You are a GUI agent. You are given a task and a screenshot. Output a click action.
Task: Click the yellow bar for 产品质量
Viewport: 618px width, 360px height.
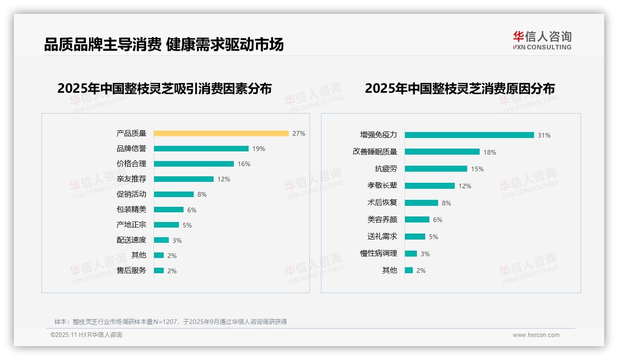click(221, 133)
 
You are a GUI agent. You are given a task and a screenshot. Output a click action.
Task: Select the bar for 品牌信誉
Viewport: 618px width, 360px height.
click(201, 149)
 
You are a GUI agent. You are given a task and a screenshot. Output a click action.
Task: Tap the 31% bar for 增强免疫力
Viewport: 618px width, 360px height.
click(469, 135)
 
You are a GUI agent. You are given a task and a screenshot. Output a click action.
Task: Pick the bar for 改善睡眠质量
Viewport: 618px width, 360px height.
click(442, 152)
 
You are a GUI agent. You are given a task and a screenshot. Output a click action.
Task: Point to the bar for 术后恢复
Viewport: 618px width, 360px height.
click(421, 203)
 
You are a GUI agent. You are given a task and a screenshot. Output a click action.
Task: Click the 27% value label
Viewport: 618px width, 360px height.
click(298, 133)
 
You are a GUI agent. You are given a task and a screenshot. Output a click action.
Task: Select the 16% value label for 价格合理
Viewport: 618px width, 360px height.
click(244, 164)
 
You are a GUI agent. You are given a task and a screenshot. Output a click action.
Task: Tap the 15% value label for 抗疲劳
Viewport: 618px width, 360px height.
click(477, 169)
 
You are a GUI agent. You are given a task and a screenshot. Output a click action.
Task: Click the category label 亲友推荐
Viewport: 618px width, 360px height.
click(131, 179)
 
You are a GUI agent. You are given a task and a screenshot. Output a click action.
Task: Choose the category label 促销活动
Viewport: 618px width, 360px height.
click(131, 194)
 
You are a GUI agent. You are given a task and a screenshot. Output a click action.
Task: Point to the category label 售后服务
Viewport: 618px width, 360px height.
click(131, 270)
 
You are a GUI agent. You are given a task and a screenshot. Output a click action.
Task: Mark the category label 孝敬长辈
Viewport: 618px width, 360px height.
click(382, 186)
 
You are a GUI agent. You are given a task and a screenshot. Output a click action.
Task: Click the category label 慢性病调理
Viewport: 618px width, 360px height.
click(378, 253)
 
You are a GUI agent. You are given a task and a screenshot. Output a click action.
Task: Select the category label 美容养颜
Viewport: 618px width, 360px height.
click(382, 220)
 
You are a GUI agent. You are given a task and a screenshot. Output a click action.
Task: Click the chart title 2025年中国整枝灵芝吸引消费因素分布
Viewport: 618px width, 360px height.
click(164, 88)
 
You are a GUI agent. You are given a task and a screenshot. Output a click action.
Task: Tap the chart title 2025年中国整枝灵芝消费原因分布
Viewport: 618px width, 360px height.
click(459, 88)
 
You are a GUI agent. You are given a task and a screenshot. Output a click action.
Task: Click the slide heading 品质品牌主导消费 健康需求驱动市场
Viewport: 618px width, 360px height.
click(164, 44)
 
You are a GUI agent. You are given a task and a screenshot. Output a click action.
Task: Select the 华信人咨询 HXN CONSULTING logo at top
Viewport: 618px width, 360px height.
click(542, 41)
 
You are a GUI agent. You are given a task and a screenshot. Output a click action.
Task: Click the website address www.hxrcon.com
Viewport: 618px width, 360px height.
click(535, 335)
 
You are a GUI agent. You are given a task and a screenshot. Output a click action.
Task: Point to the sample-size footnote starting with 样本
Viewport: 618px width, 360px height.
click(170, 322)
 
